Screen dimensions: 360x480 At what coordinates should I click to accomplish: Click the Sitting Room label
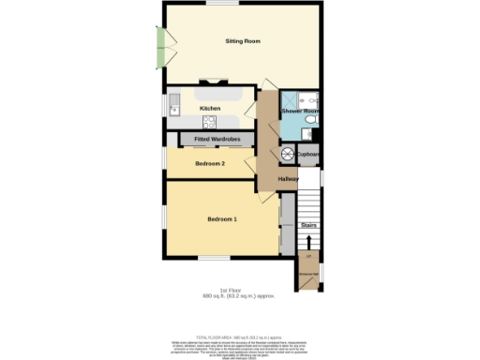click(242, 41)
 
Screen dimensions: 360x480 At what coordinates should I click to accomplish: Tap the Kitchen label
click(211, 109)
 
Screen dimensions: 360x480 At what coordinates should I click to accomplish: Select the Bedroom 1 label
click(222, 219)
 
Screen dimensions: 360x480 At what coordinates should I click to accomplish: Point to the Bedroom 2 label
click(210, 164)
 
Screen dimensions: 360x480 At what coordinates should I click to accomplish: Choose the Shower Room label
click(300, 112)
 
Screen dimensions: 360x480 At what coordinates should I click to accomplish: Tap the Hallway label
click(289, 178)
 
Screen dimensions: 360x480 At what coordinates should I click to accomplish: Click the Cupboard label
click(309, 154)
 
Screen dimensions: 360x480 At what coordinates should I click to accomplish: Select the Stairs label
click(308, 225)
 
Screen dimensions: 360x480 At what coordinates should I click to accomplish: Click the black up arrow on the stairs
click(308, 240)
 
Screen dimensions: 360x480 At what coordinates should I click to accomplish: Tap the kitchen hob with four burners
click(209, 121)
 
